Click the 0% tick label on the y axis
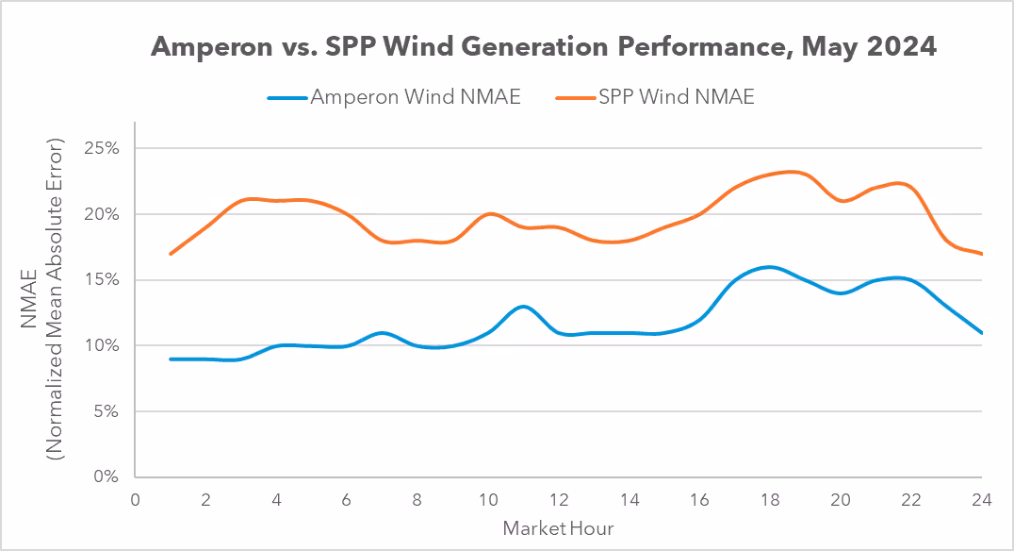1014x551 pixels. [106, 477]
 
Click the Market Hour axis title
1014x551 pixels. [558, 526]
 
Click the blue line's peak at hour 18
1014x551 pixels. [770, 267]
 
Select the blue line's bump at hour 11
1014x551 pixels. [523, 307]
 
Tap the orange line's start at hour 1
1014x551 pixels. [171, 254]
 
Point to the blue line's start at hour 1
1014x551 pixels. [171, 359]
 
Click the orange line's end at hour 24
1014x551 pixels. [982, 254]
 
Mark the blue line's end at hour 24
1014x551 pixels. [982, 332]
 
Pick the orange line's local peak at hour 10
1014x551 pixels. [488, 214]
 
